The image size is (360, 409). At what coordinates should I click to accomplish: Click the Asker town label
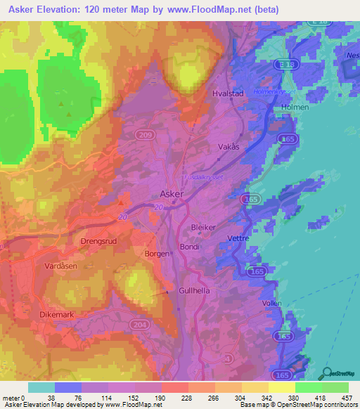click(x=172, y=193)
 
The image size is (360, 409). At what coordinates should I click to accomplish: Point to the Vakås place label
click(x=229, y=148)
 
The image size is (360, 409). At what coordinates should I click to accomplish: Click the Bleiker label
click(x=203, y=228)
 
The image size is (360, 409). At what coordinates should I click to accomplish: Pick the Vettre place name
click(x=240, y=238)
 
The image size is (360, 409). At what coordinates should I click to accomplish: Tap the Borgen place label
click(x=157, y=253)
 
